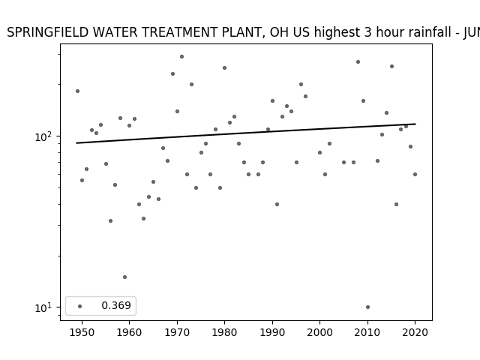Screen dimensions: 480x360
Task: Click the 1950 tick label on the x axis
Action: [82, 332]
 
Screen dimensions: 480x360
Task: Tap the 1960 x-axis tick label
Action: [129, 332]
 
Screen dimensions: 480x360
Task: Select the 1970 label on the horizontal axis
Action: [177, 332]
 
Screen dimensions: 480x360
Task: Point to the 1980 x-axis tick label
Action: [224, 332]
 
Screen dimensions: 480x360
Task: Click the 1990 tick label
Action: [272, 332]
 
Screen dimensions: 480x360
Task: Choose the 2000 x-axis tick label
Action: [320, 332]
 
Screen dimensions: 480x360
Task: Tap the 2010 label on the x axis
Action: [367, 332]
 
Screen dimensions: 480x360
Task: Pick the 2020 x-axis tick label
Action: [415, 332]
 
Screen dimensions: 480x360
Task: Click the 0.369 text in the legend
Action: [116, 305]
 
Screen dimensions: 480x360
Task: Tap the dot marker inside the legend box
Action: [80, 306]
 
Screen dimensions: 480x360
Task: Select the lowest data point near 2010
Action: [367, 307]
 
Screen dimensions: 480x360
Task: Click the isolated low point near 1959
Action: [124, 277]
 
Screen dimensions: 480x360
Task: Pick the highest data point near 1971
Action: [181, 57]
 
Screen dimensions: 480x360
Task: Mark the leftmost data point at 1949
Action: [77, 91]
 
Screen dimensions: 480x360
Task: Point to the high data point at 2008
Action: [358, 61]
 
